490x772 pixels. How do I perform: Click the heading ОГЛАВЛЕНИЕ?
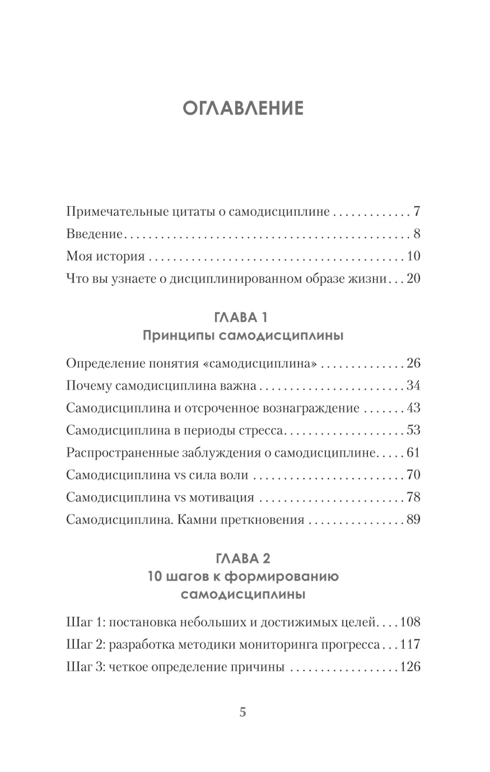coord(243,108)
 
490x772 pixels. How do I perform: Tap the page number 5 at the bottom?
coord(243,712)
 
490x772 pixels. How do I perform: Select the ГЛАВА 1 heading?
coord(241,317)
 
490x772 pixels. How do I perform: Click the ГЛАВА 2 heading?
coord(243,558)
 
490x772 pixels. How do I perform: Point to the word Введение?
coord(94,234)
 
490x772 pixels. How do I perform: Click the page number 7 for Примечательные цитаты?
coord(416,212)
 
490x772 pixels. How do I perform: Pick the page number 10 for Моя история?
coord(413,256)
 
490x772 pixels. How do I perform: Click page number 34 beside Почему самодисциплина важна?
coord(413,386)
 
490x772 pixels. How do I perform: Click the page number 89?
coord(413,520)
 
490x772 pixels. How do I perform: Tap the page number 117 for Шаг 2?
coord(410,644)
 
